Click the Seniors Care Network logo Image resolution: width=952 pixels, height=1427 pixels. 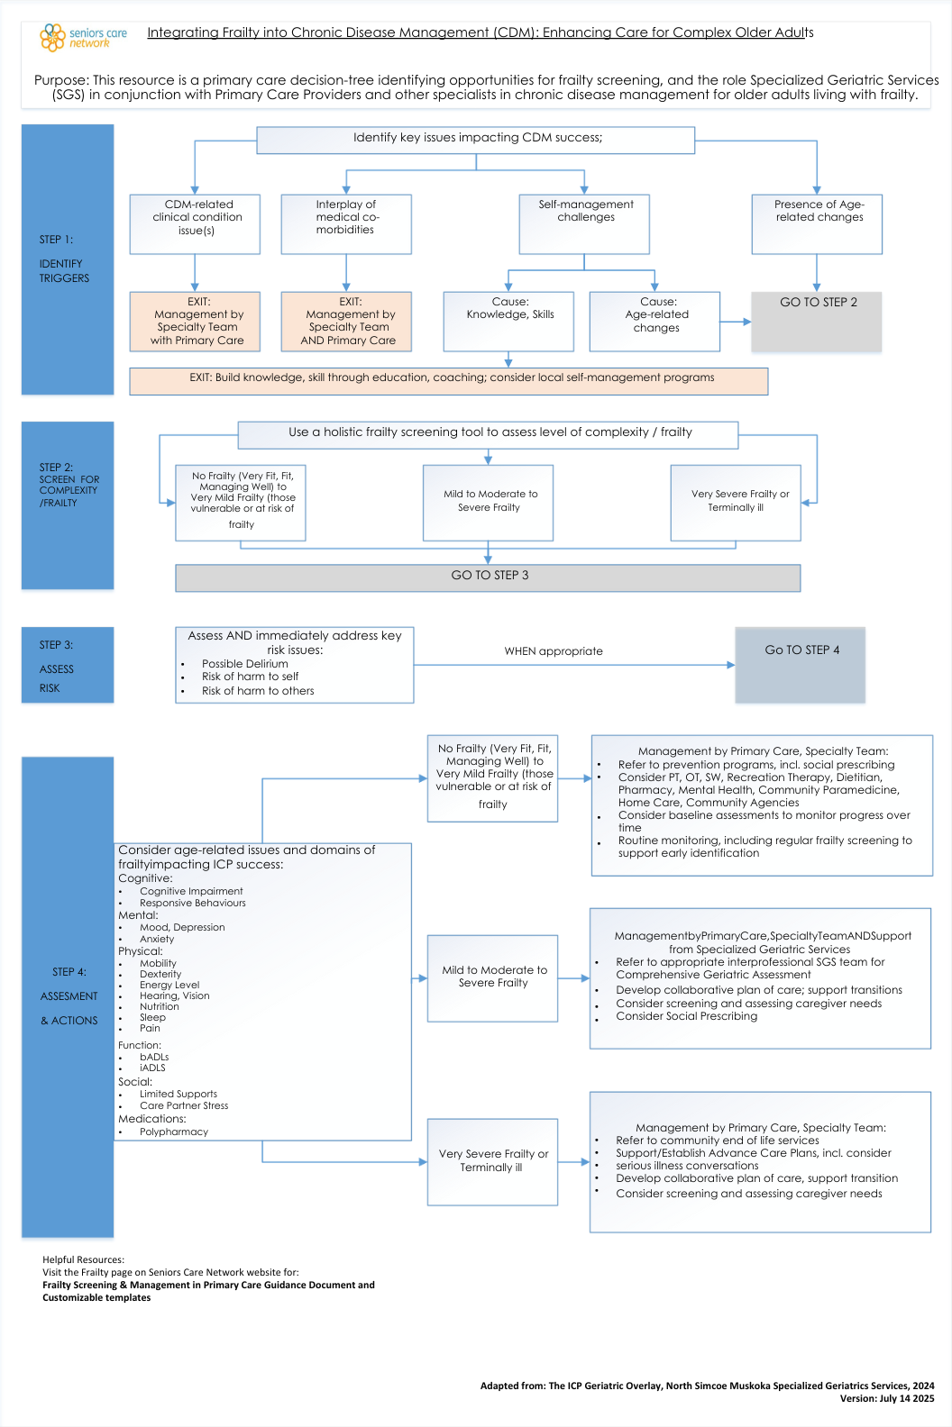83,37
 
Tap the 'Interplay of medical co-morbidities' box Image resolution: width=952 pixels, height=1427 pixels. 346,223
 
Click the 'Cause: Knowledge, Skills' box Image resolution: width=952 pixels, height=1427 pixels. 509,321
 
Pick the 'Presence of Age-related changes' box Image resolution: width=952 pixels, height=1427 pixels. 818,223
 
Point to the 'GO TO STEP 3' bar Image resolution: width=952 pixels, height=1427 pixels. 489,577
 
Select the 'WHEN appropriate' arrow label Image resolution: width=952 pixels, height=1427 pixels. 554,651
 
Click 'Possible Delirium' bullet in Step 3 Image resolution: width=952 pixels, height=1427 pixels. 245,664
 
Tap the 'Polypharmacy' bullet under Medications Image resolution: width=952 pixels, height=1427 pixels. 174,1132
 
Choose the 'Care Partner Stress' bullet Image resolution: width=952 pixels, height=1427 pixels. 184,1105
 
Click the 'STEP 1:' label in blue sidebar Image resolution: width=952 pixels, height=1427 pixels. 56,240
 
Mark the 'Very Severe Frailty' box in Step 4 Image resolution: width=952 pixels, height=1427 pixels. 492,1161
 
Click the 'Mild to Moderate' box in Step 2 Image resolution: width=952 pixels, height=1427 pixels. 489,502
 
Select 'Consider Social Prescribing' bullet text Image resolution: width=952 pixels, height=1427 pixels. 687,1016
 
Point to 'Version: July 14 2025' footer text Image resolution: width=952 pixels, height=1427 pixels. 887,1399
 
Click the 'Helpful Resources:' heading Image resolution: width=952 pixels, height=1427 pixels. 83,1259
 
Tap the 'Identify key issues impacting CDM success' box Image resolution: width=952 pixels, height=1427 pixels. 476,139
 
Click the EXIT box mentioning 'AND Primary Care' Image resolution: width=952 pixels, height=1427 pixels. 347,321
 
